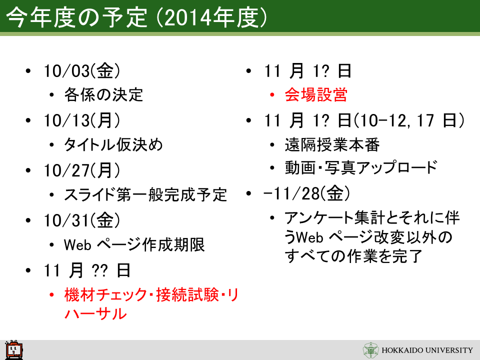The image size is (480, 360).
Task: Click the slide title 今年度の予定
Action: [76, 17]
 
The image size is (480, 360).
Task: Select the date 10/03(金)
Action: [82, 70]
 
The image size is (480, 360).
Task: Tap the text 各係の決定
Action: [103, 94]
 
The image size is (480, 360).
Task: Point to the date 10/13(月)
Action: [82, 120]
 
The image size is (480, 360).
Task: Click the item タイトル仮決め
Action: [113, 144]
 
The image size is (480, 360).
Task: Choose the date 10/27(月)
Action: [82, 170]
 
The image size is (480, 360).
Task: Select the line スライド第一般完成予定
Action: [145, 194]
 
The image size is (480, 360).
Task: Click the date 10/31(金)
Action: [82, 220]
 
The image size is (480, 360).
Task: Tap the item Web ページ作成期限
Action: [134, 245]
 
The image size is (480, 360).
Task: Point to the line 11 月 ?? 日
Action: [87, 270]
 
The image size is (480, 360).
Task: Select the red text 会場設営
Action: [316, 94]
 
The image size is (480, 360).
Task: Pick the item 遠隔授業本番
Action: [332, 144]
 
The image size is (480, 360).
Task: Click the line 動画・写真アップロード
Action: [361, 167]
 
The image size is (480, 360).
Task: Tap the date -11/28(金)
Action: [306, 193]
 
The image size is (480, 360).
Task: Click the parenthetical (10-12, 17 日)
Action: [409, 120]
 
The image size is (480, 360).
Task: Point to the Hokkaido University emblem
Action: [370, 350]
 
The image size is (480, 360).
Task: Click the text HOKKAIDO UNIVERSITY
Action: [427, 350]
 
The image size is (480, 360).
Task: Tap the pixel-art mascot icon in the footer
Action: [14, 349]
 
